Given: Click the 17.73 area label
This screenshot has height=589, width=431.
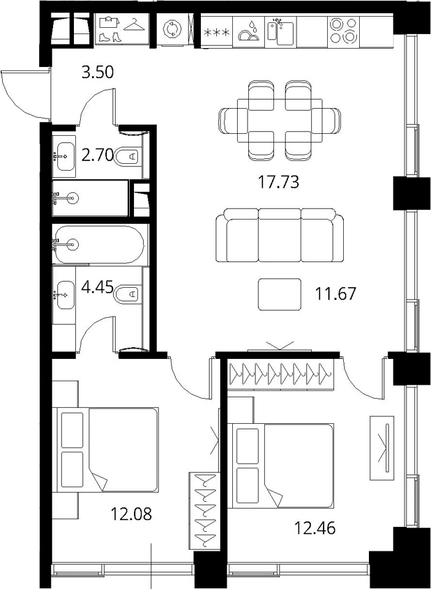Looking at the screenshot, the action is coord(278,182).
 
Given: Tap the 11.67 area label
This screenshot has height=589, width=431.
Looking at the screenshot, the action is coord(335,293).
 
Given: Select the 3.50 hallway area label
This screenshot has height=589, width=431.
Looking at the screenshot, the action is coord(98,72).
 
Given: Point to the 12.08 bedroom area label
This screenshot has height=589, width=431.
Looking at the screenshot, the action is coord(131,514).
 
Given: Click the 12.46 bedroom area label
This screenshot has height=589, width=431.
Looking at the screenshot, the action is coord(315,528).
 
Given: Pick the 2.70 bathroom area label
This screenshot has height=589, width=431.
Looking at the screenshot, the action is coord(98,155).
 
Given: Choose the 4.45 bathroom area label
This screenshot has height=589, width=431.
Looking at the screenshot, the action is coord(98,288).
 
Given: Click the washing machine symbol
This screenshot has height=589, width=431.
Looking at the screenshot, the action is coord(172,29).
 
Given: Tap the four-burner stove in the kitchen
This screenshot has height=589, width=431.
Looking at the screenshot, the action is coord(343,31).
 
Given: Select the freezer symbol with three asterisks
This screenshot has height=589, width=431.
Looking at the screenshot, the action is coord(216,33).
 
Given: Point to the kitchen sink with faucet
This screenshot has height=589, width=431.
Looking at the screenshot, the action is coord(280,31).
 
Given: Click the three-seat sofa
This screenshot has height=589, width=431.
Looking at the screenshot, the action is coord(280,235).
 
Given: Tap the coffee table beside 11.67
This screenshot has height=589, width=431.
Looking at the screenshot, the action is coord(280,294).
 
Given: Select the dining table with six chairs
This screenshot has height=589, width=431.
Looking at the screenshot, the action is coord(280,120).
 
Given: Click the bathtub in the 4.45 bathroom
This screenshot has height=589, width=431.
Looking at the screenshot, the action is coord(98,245).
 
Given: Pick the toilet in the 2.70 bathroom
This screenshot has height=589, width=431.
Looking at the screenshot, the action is coord(128,157).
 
